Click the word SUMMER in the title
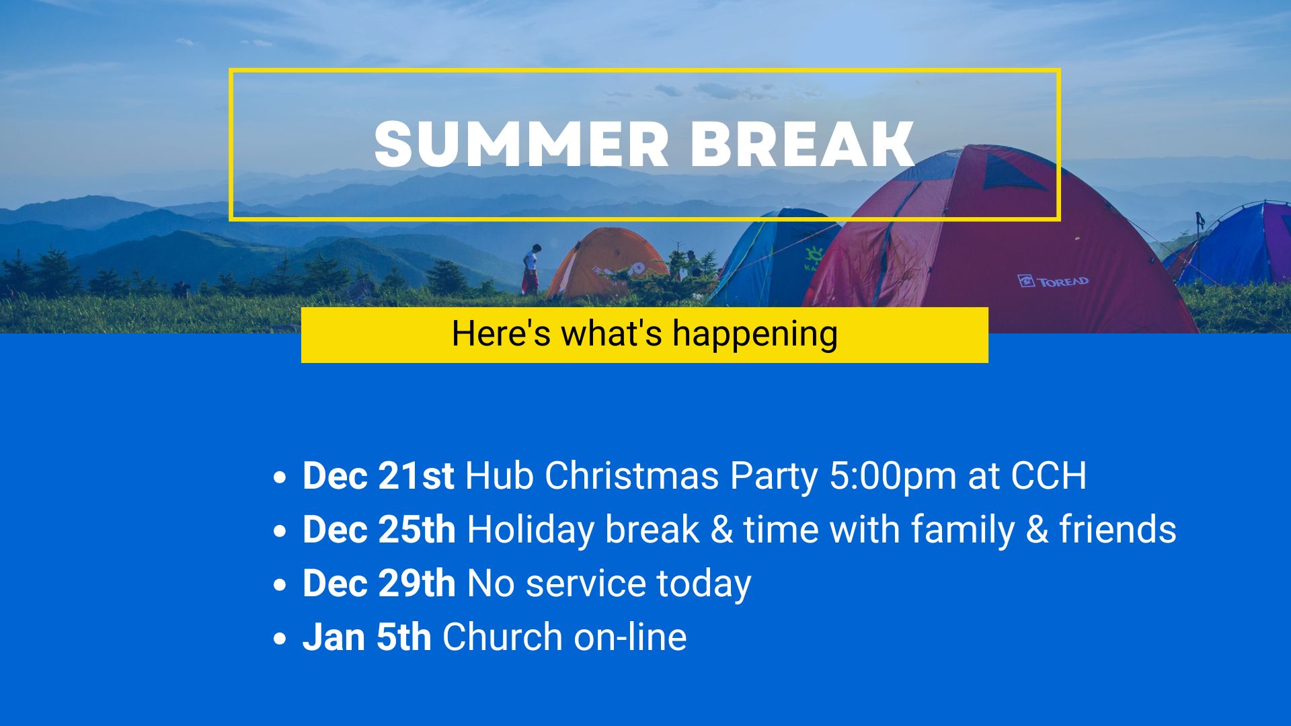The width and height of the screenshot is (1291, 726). point(521,144)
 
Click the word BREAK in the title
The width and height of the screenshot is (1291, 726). point(802,144)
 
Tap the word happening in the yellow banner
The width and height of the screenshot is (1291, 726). point(755,334)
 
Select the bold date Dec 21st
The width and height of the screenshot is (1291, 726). point(379,476)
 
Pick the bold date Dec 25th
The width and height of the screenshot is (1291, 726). point(379,530)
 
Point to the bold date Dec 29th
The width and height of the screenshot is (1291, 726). point(379,583)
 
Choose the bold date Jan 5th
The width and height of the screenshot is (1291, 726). point(367,637)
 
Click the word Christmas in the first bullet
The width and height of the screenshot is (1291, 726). point(632,476)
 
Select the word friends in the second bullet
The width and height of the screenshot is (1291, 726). point(1118,530)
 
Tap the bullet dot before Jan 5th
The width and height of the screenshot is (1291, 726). point(280,639)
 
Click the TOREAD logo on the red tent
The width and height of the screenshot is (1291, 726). point(1053,281)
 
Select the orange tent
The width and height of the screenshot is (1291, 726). point(607,263)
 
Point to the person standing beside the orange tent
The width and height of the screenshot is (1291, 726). point(531,269)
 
